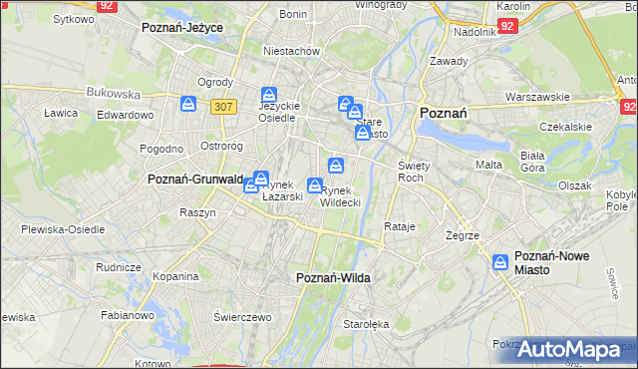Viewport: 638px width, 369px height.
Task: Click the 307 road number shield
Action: click(223, 105)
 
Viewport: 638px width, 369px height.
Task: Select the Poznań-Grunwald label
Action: click(195, 180)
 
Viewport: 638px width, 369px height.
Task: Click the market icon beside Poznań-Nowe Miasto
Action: click(500, 262)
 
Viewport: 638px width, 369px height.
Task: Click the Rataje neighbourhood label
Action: click(399, 226)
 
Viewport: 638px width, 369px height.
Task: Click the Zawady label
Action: click(449, 61)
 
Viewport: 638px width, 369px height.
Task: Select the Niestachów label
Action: click(290, 50)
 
